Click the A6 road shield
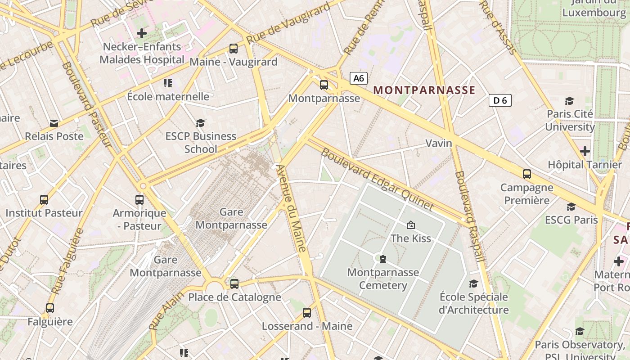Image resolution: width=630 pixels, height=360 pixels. coord(358,78)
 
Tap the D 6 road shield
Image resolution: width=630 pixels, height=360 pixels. coord(500,100)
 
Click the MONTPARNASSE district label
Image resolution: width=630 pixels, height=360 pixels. coord(424,90)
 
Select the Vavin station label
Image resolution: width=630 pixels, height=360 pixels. coord(438,143)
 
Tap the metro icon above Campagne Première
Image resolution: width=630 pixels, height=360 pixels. coord(527,174)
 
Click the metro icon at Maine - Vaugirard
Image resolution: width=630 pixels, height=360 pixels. coord(233,48)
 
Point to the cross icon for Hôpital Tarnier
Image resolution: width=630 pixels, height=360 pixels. coord(585,151)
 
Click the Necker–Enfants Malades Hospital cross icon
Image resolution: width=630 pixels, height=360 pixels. coord(142,33)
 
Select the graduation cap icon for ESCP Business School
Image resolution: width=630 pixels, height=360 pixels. coord(200,123)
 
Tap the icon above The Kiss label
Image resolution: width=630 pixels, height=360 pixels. coord(410,225)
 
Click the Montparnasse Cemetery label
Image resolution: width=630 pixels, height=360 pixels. coord(383,279)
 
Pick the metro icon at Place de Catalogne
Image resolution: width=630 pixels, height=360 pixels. coord(234,283)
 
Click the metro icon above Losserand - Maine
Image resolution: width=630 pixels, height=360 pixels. coord(307,312)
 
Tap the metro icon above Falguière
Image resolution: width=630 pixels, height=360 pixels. coord(50,308)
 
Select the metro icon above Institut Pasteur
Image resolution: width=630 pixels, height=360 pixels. coord(44,199)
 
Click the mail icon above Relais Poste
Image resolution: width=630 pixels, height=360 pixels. coord(54,123)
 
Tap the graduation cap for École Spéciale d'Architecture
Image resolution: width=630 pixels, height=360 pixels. coord(473,283)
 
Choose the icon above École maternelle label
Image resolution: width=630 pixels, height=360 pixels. coord(168,83)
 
